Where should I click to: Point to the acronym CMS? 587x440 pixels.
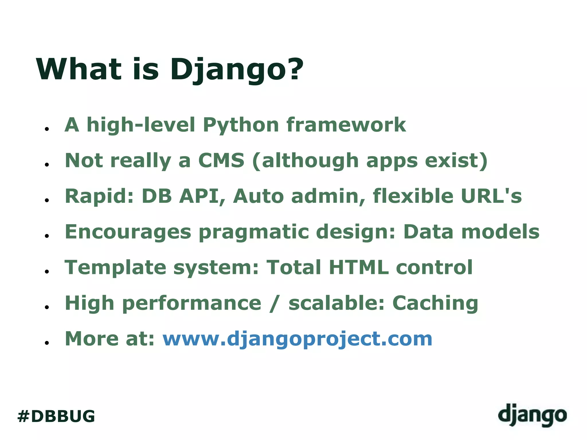221,160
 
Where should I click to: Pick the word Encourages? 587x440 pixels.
128,232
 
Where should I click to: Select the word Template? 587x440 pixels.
116,268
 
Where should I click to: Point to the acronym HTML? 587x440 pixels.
359,267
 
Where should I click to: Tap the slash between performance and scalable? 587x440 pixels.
275,303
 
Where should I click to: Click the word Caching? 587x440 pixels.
435,303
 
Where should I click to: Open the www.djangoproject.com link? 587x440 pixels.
297,339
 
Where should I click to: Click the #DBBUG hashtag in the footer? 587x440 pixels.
56,416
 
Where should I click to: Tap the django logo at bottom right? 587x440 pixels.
532,415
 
